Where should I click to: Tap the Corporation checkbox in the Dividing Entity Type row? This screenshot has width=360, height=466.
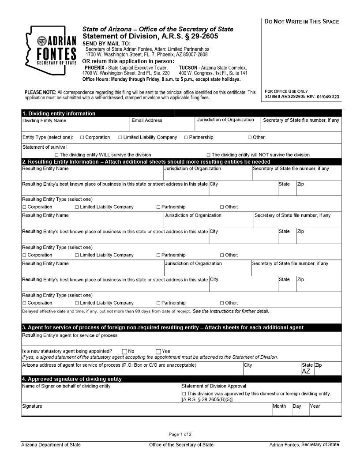coord(82,137)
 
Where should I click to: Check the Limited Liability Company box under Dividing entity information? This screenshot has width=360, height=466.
coord(120,137)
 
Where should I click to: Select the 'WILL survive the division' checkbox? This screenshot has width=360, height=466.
coord(56,155)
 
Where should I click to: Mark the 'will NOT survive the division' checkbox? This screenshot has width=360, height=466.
coord(208,155)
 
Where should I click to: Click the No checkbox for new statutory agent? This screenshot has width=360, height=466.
coord(124,351)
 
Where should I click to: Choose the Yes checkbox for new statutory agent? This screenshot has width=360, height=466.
coord(158,351)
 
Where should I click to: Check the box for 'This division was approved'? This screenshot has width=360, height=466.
coord(184,394)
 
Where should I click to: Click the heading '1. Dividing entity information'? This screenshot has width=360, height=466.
coord(59,113)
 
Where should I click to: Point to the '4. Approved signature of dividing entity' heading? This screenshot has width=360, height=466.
coord(71,379)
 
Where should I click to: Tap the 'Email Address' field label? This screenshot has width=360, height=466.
coord(146,120)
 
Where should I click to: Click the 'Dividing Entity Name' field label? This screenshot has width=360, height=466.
coord(44,120)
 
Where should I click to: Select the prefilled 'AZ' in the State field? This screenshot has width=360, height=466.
coord(306,371)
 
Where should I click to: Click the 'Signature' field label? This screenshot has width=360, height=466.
coord(32,406)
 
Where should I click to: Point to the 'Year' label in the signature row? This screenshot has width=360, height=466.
coord(315,406)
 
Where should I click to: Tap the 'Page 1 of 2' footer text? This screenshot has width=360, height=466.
coord(180,434)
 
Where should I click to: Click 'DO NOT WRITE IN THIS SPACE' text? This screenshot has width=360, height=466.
coord(302,22)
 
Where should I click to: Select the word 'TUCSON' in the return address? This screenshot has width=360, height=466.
coord(188,68)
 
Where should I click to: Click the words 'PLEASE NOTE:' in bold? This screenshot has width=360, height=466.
coord(40,92)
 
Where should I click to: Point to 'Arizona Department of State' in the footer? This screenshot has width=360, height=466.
coord(51,444)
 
